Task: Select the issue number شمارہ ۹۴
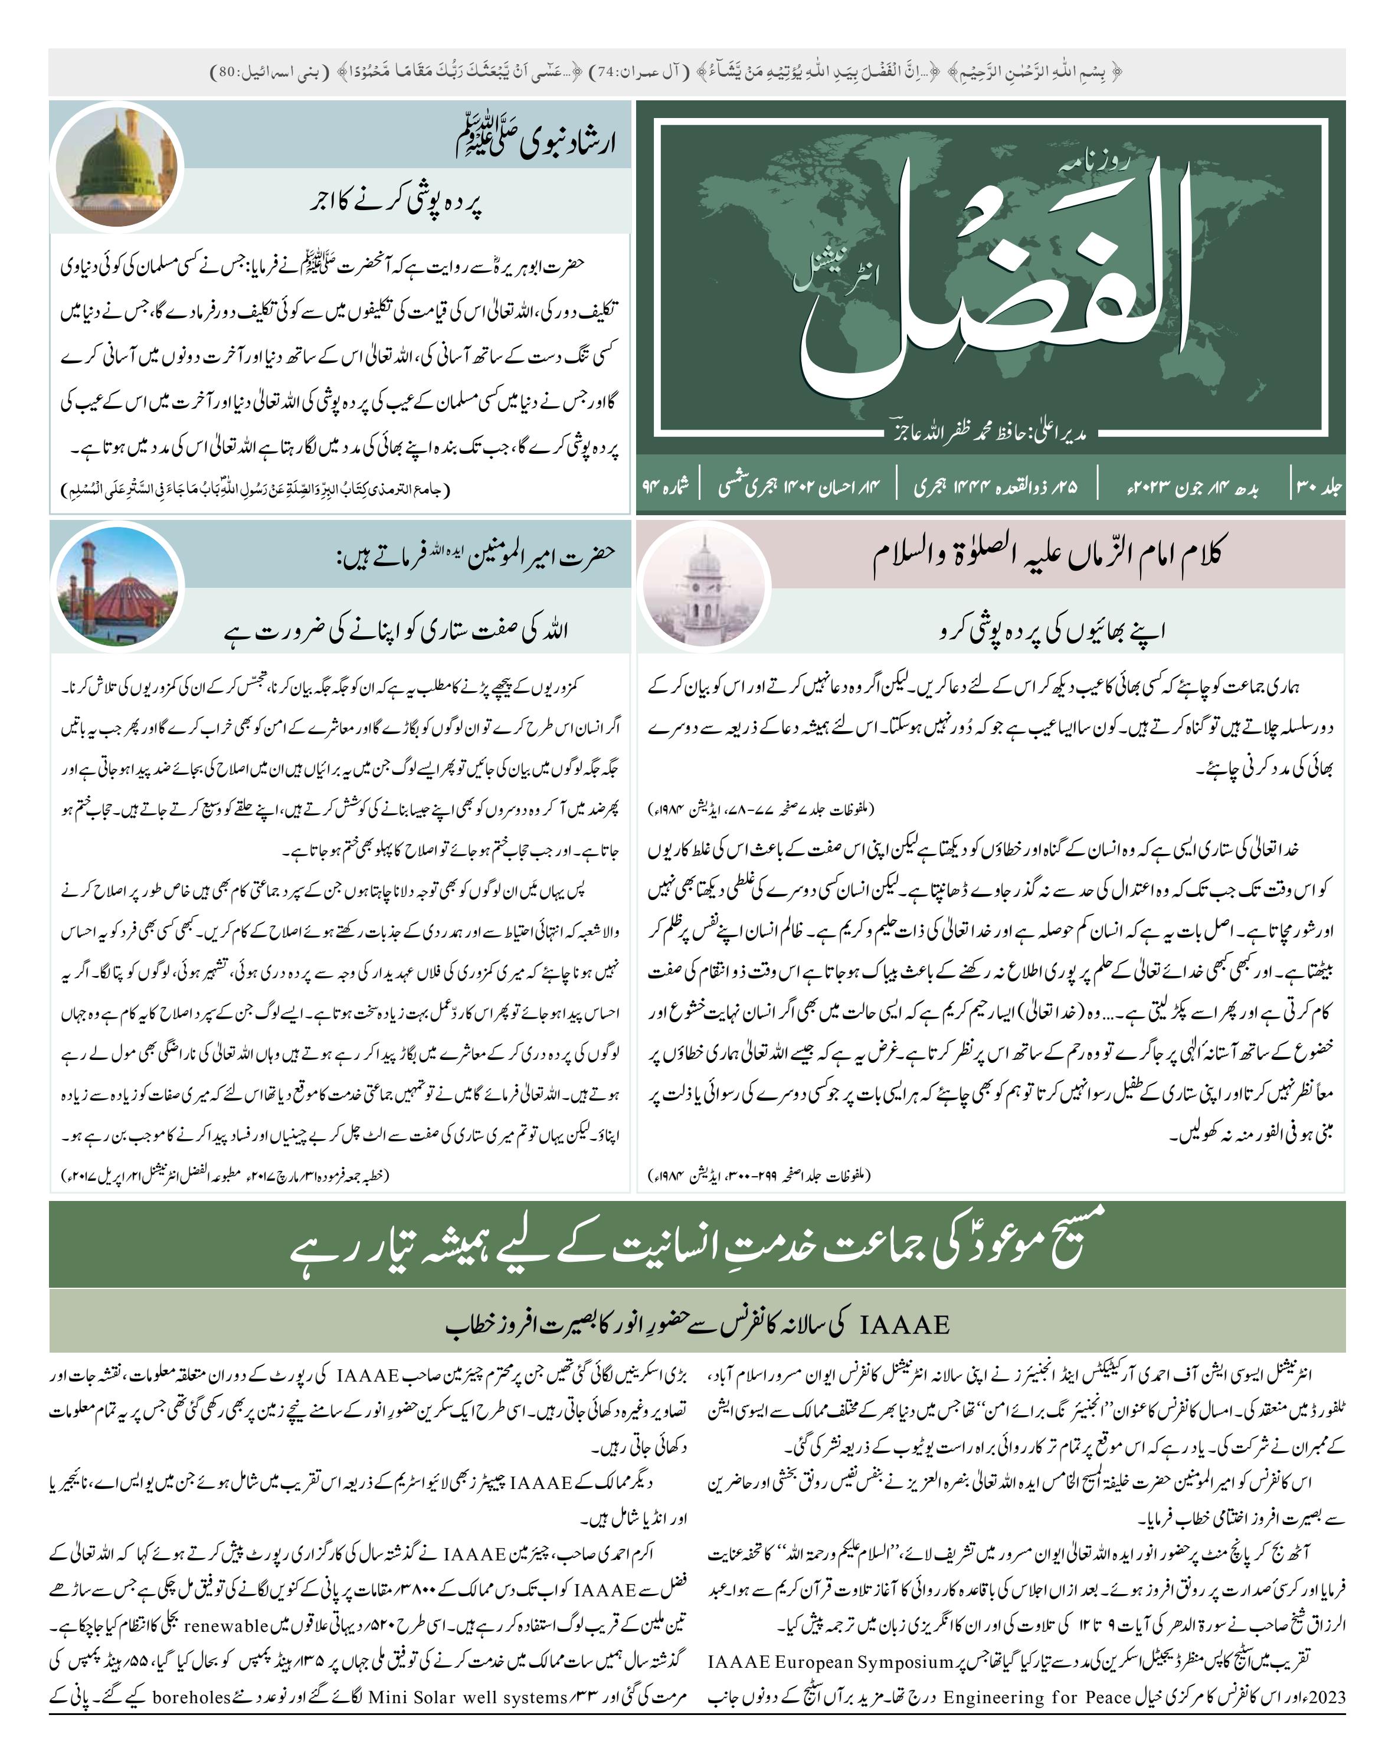point(666,487)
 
